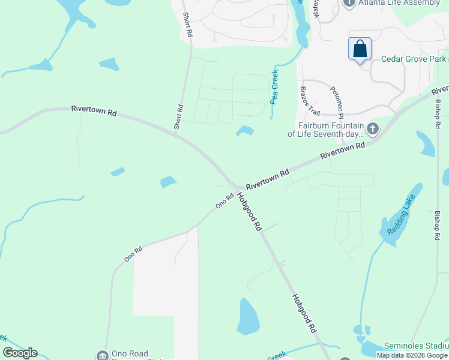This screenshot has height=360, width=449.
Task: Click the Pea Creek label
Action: point(275,87)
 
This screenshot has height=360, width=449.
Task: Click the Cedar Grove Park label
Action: point(414,59)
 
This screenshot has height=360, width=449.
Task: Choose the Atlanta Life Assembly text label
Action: point(391,3)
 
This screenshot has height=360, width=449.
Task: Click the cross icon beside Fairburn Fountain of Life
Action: point(373,128)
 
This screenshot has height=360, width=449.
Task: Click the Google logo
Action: point(20,353)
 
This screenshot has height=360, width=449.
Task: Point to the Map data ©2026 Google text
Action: point(412,355)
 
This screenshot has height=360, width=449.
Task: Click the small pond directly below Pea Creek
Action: point(244,130)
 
